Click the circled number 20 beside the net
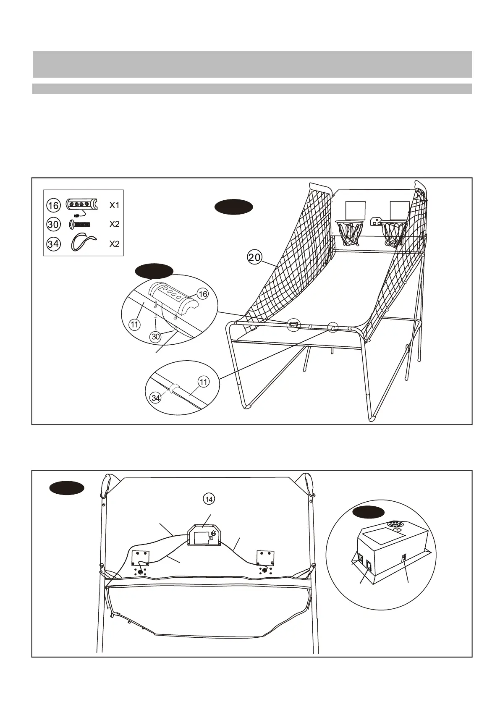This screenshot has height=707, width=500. [254, 257]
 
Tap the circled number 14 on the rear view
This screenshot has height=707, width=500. [209, 499]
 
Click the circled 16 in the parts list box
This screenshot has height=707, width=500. [53, 205]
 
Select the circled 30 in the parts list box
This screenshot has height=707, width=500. [53, 224]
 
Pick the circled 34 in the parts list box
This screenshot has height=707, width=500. [53, 244]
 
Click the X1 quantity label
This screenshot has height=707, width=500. [115, 205]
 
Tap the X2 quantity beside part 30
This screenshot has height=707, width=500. [115, 224]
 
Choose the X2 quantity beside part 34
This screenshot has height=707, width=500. [115, 244]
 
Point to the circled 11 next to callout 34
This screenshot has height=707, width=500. [204, 382]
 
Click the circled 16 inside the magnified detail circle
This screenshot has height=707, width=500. [203, 294]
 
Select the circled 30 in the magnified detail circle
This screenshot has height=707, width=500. [156, 336]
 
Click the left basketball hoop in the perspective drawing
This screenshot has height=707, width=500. [349, 233]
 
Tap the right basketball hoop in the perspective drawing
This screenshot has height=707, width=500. [393, 233]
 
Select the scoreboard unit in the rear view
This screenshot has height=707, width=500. [203, 536]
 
